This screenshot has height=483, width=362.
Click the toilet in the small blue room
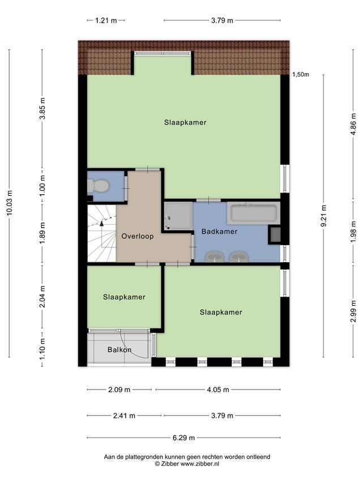pyautogui.click(x=98, y=186)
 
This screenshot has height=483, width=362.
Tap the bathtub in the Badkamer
pyautogui.click(x=253, y=213)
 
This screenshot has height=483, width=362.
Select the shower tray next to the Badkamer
pyautogui.click(x=178, y=216)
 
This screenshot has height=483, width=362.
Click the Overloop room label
pyautogui.click(x=137, y=236)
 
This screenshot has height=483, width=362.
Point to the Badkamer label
pyautogui.click(x=219, y=232)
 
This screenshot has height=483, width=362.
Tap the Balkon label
pyautogui.click(x=119, y=349)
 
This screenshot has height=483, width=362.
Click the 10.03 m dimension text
pyautogui.click(x=9, y=202)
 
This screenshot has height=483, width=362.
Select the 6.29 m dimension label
pyautogui.click(x=183, y=438)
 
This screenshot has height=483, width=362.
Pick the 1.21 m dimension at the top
pyautogui.click(x=106, y=20)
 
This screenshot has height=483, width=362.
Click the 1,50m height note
pyautogui.click(x=300, y=75)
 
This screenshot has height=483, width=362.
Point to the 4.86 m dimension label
pyautogui.click(x=353, y=124)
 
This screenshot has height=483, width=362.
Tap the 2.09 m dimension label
pyautogui.click(x=119, y=390)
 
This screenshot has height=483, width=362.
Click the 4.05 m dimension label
pyautogui.click(x=218, y=390)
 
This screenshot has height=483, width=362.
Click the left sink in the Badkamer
pyautogui.click(x=214, y=257)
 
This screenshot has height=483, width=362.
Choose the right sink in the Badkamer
pyautogui.click(x=239, y=257)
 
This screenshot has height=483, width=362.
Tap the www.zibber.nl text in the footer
pyautogui.click(x=200, y=464)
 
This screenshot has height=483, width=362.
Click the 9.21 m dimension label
pyautogui.click(x=323, y=216)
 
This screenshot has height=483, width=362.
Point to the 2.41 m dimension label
pyautogui.click(x=124, y=416)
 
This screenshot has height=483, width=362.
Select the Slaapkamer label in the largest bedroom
pyautogui.click(x=185, y=122)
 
